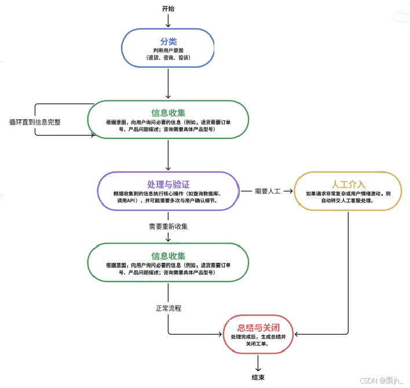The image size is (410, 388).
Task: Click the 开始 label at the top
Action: click(168, 9)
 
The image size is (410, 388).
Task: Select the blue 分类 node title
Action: click(168, 42)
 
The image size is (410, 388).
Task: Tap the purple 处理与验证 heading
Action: click(169, 184)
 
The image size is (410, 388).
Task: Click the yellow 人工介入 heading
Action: click(348, 184)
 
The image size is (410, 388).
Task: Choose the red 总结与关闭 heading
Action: click(259, 327)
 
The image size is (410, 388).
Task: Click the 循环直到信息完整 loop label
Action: click(35, 122)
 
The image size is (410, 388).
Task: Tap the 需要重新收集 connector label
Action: click(168, 226)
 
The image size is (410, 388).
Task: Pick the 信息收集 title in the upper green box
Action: click(168, 113)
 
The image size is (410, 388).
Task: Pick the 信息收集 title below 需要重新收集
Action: click(168, 255)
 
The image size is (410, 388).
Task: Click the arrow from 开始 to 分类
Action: click(168, 21)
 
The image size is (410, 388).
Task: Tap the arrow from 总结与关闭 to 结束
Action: click(259, 363)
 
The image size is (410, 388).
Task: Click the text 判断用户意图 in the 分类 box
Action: click(168, 51)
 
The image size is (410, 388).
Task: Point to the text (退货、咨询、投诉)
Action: click(168, 58)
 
